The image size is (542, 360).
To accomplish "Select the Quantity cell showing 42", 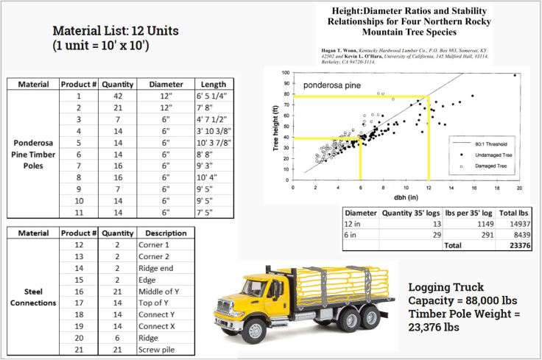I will click(117, 96).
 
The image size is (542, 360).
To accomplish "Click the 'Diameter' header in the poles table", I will click(161, 84).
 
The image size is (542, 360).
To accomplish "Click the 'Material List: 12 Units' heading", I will click(116, 32).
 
